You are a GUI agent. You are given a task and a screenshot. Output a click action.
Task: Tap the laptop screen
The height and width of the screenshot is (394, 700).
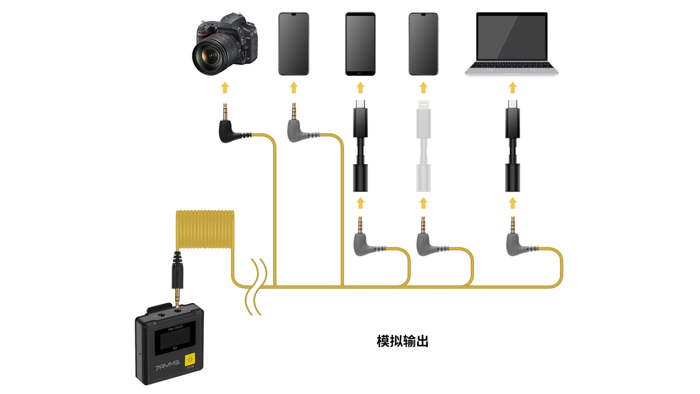point(512,37)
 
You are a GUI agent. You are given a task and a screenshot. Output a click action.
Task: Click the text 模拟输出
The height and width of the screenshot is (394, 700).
point(402,341)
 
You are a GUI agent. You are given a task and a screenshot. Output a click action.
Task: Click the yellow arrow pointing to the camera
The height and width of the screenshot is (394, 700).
point(225,88)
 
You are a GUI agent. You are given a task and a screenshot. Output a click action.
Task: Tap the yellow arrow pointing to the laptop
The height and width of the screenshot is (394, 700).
point(512,88)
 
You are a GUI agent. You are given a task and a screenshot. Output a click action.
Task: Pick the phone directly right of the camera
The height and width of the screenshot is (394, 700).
point(293,44)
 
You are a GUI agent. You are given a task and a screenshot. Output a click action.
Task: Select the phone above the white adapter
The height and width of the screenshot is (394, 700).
point(423,44)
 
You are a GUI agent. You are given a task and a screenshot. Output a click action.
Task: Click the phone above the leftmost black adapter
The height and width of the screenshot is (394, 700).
point(360,44)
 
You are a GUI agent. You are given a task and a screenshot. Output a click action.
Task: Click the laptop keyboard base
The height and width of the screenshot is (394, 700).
point(512,69)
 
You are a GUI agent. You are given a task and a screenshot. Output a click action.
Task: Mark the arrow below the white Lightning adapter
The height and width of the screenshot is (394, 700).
point(423,203)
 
